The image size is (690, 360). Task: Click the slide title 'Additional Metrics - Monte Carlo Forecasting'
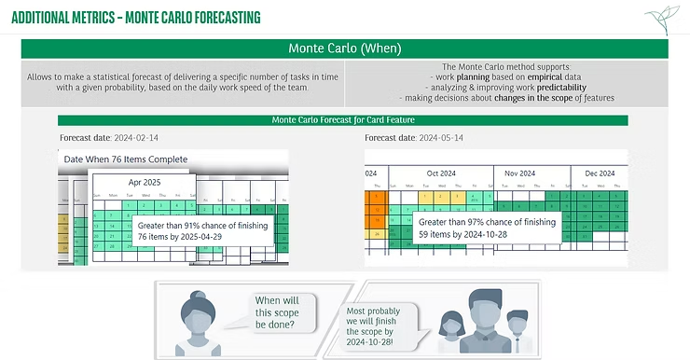coord(136,18)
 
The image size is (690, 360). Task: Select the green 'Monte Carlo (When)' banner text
coord(344,49)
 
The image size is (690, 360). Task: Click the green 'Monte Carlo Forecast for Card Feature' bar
coord(342,120)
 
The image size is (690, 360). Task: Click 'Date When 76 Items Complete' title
coord(125,159)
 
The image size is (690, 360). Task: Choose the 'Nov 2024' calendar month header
coord(519,173)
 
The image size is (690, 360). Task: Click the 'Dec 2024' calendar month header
coord(600,173)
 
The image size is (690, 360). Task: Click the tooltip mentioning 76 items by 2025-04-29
coord(201,231)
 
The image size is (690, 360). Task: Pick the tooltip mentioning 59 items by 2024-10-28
coord(486,228)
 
